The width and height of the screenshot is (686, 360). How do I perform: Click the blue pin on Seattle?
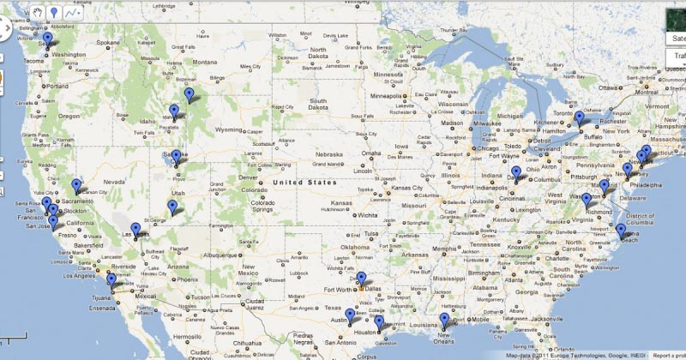47,36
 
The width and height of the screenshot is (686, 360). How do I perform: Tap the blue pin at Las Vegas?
135,229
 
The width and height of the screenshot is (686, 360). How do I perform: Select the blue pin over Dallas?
361,278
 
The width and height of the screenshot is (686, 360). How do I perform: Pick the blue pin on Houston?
379,321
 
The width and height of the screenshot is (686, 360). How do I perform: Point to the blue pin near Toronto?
579,117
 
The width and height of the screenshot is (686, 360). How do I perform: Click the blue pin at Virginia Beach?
620,230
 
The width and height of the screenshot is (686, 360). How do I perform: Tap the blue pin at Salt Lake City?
176,156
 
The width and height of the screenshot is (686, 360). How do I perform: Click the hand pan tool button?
39,13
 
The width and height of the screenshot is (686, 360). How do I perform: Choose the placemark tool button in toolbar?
54,13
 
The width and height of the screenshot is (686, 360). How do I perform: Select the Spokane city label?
108,42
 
